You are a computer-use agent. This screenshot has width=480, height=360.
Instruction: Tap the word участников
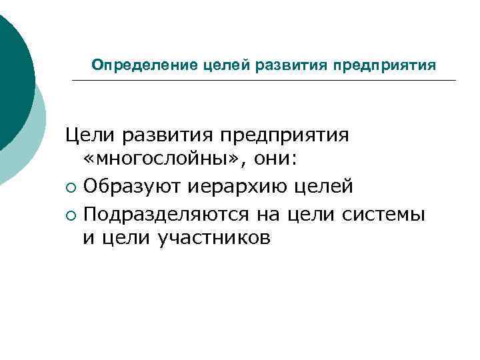[x=214, y=239]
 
